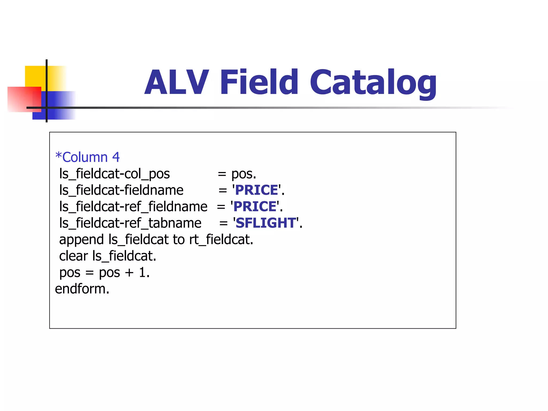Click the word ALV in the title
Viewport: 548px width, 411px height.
coord(176,82)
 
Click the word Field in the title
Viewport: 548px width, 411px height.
coord(259,82)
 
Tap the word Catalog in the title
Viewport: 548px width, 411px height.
coord(373,82)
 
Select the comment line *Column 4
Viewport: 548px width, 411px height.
coord(87,157)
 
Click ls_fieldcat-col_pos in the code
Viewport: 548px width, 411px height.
coord(115,174)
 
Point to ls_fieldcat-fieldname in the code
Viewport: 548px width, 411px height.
coord(121,190)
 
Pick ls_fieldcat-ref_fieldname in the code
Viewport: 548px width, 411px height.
coord(133,207)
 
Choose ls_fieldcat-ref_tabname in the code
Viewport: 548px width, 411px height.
coord(130,223)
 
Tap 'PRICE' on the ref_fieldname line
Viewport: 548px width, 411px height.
coord(255,207)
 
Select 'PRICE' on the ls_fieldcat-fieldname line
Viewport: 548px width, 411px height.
coord(257,190)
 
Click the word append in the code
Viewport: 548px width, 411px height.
coord(81,240)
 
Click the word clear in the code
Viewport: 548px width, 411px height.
coord(73,256)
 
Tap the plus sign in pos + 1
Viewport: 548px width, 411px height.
coord(129,273)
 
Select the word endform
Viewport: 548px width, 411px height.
coord(82,289)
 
